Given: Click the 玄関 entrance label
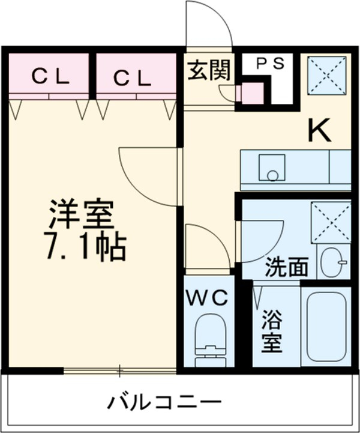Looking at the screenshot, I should [x=208, y=71].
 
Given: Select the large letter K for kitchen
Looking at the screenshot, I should [x=320, y=130].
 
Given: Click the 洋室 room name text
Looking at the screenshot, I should [x=81, y=215].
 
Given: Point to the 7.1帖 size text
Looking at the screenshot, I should [x=86, y=247].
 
